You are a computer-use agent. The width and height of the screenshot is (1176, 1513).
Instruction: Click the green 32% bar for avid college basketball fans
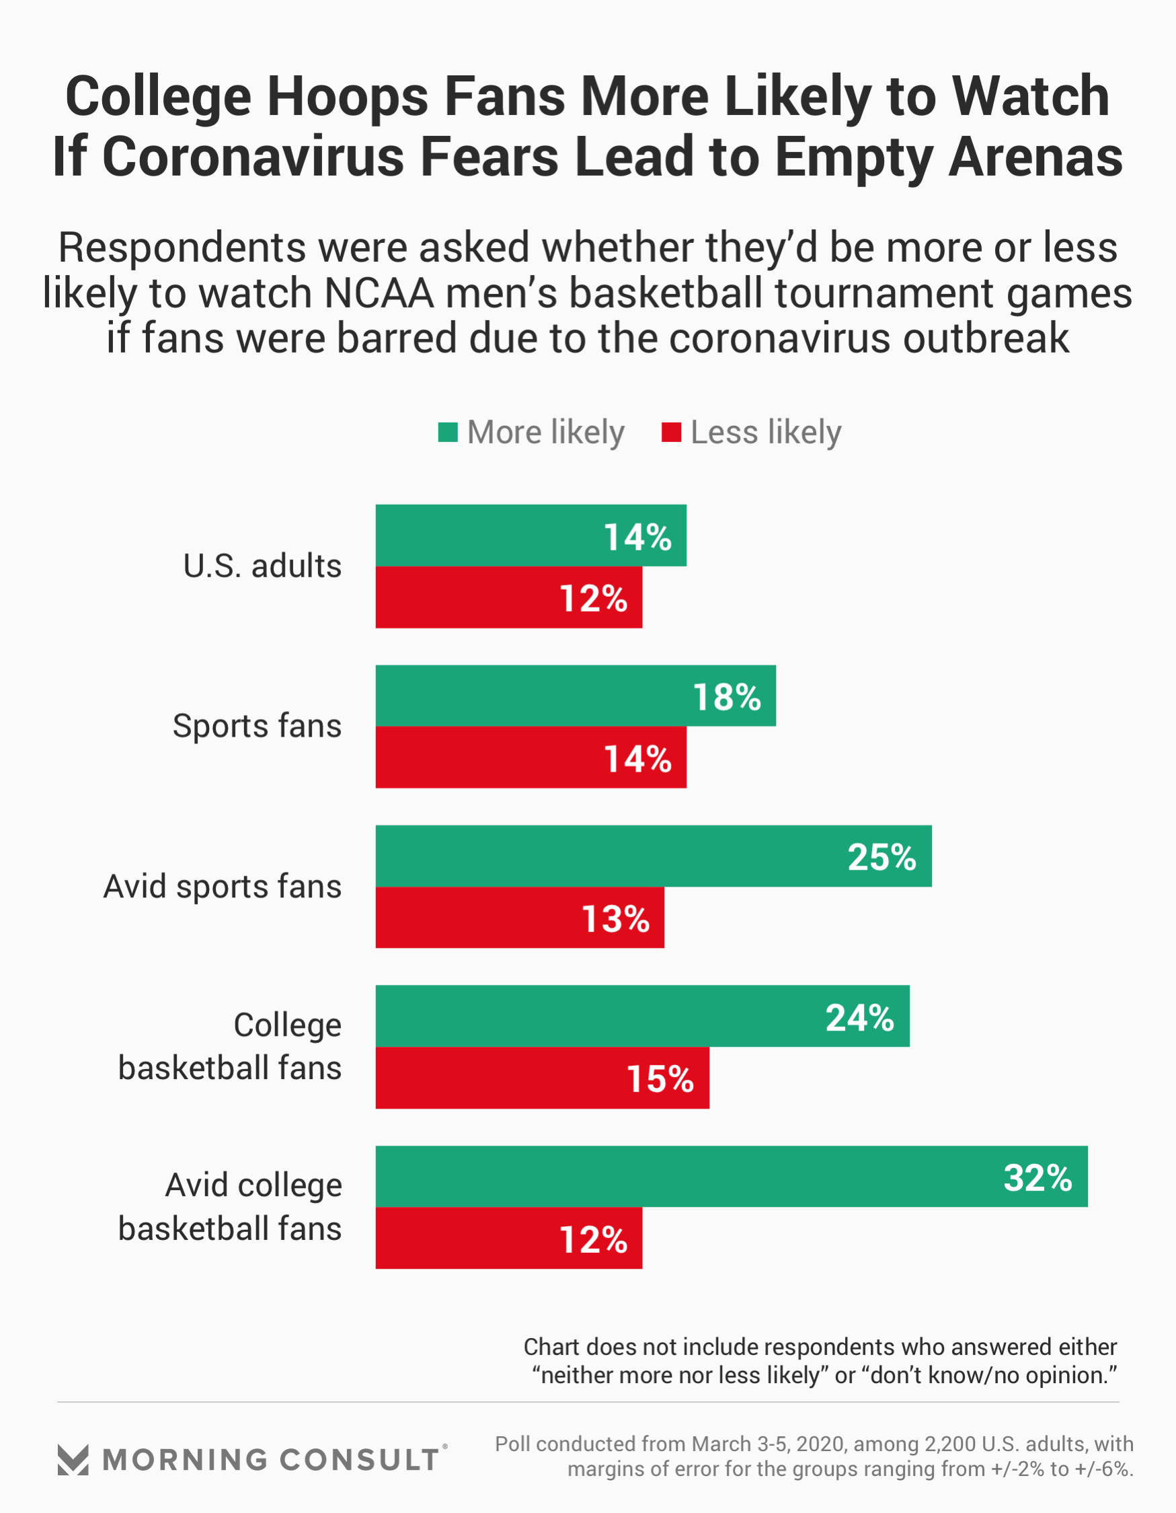(732, 1177)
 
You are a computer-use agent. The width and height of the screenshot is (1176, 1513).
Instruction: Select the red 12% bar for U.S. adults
(508, 597)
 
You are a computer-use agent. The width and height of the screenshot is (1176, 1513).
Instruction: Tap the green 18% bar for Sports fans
(575, 696)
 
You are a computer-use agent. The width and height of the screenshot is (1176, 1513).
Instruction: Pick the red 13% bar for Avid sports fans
(520, 917)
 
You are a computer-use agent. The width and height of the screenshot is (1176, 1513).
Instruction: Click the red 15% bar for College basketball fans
(541, 1078)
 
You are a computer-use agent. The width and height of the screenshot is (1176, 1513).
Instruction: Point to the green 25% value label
(881, 857)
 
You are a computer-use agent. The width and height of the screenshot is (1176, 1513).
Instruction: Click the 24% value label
(859, 1018)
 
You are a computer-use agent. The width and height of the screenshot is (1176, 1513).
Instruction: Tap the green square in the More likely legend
(447, 433)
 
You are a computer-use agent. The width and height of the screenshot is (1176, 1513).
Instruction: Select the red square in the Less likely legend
(671, 433)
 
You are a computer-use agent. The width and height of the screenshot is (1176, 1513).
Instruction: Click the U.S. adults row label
(262, 566)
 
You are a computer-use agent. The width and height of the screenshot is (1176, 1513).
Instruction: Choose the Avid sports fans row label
(223, 886)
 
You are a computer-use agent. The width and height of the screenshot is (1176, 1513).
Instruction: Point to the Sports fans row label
(257, 726)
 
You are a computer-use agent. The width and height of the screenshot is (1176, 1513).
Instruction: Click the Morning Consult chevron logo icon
(73, 1460)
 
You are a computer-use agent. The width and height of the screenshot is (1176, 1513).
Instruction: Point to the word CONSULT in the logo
(360, 1460)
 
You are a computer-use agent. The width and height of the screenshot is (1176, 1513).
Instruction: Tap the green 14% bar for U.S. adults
(531, 536)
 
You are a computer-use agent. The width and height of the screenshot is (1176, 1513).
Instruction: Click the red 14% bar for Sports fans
(531, 758)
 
